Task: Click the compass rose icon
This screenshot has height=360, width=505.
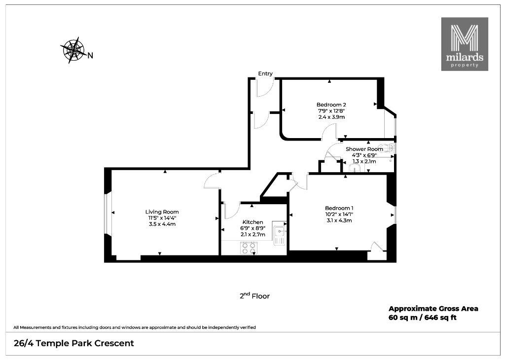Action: (73, 50)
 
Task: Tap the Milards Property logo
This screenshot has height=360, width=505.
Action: (465, 44)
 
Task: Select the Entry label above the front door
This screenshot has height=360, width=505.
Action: (265, 74)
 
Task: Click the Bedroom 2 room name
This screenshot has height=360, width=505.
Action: (331, 105)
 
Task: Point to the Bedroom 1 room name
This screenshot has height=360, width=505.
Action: (339, 208)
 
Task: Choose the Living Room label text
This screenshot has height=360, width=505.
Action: (162, 212)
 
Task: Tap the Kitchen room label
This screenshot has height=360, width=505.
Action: (253, 222)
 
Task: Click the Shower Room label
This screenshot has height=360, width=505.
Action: (364, 149)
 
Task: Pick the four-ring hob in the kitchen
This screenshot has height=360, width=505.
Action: (249, 248)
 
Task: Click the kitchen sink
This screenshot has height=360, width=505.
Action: (280, 233)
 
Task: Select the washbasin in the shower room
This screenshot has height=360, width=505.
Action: (356, 168)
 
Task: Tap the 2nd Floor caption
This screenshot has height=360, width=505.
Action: (254, 295)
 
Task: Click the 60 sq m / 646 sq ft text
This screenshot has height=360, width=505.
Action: (423, 318)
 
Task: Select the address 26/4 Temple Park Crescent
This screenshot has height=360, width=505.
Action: (74, 344)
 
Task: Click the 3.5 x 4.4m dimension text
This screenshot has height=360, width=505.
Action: (162, 224)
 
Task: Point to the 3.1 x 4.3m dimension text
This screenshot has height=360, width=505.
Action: (339, 220)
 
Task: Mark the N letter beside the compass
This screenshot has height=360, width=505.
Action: (91, 55)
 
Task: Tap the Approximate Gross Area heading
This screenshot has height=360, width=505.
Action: (433, 309)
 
